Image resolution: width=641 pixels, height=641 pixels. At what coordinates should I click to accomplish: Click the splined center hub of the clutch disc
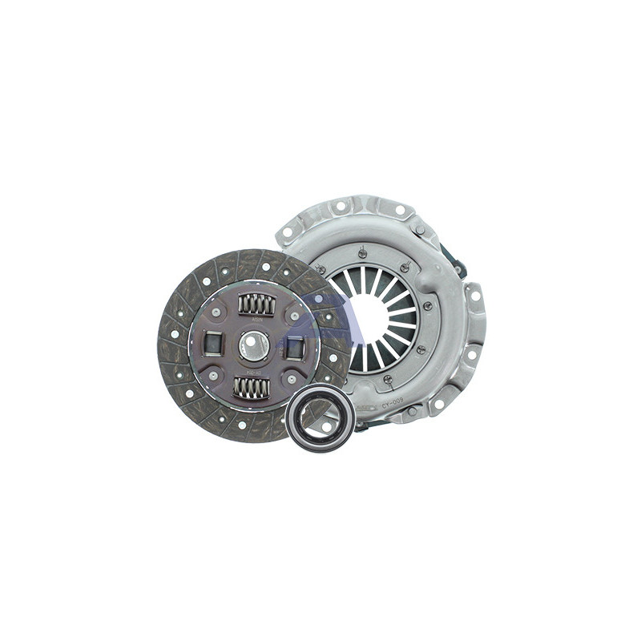coord(253,346)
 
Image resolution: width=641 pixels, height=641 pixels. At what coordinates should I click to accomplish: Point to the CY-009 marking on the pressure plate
coord(392,405)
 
